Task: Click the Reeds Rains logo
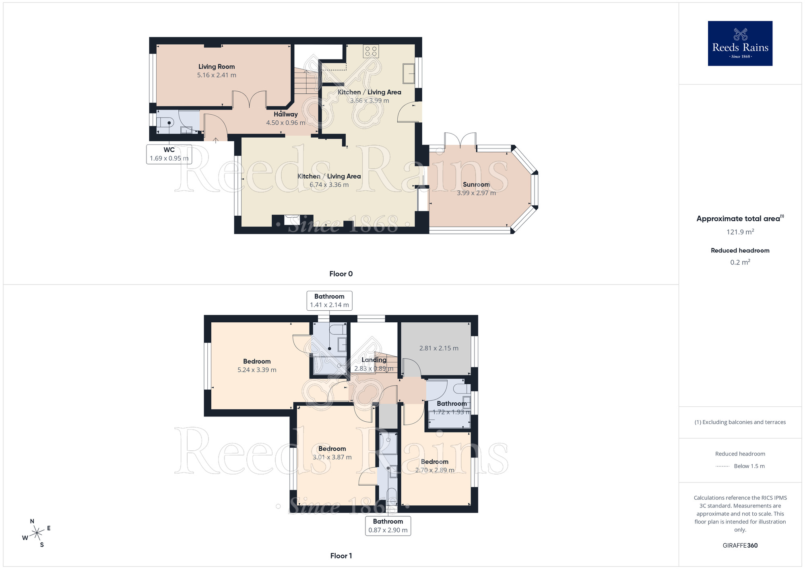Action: pyautogui.click(x=740, y=43)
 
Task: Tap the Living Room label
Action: pyautogui.click(x=217, y=67)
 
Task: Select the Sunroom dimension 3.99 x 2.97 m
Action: pyautogui.click(x=476, y=193)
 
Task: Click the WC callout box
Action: pyautogui.click(x=169, y=154)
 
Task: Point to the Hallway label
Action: pyautogui.click(x=286, y=114)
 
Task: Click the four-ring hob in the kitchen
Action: pyautogui.click(x=371, y=51)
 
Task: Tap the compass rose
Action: pyautogui.click(x=37, y=533)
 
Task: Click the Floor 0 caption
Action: pyautogui.click(x=341, y=274)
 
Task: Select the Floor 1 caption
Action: pyautogui.click(x=341, y=556)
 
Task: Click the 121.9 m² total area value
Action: pyautogui.click(x=740, y=232)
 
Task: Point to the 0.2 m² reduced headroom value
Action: pyautogui.click(x=740, y=262)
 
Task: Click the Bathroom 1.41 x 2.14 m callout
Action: pyautogui.click(x=329, y=301)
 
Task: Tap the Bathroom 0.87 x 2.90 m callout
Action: pyautogui.click(x=388, y=526)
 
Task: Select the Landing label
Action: pyautogui.click(x=374, y=360)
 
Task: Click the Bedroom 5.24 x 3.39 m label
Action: pyautogui.click(x=257, y=365)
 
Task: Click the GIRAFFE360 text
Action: pyautogui.click(x=740, y=546)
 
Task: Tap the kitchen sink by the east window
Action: pyautogui.click(x=409, y=73)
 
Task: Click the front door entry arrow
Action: pyautogui.click(x=216, y=140)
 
